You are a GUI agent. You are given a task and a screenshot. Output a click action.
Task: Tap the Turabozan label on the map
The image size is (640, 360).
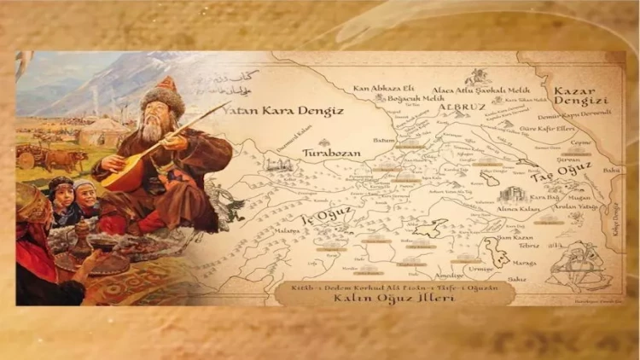(331, 153)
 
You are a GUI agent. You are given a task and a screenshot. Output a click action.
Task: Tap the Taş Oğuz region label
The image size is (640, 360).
(553, 176)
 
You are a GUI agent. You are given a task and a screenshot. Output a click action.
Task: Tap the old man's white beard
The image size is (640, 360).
(154, 130)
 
